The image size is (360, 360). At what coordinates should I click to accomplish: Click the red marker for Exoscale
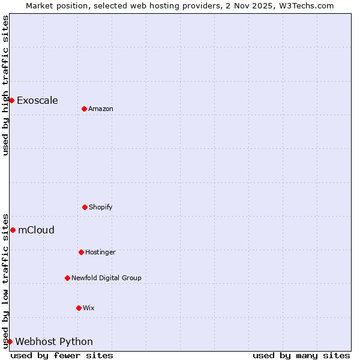(11, 100)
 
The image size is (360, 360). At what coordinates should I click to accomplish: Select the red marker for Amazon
(84, 109)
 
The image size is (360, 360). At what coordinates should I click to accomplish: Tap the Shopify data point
(85, 207)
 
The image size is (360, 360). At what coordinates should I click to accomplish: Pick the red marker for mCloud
(13, 230)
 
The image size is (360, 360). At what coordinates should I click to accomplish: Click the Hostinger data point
(81, 252)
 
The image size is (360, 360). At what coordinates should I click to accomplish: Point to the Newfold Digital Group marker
(67, 278)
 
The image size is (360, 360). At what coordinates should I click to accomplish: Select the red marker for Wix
(79, 308)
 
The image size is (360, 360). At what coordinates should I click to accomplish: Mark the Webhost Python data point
(10, 341)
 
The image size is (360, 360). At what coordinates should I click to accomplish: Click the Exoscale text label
(37, 100)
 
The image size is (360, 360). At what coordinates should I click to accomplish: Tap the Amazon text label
(101, 109)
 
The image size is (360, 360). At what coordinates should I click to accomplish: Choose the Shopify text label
(101, 207)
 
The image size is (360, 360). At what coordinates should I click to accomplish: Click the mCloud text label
(36, 230)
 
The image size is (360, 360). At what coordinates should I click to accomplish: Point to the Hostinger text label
(100, 252)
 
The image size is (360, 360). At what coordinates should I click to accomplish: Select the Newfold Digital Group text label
(106, 278)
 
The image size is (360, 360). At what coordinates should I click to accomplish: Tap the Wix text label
(89, 308)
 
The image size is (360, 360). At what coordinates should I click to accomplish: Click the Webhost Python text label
(54, 341)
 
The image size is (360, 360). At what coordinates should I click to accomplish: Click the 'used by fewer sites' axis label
(62, 355)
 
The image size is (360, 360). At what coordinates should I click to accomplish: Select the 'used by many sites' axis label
(301, 355)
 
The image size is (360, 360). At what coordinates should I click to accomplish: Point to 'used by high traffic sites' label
(5, 85)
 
